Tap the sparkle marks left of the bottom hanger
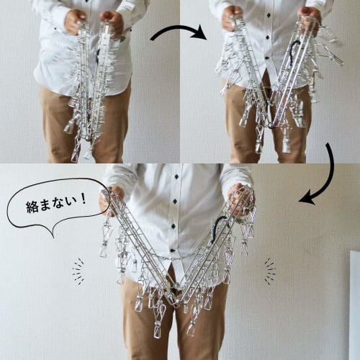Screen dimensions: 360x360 78,271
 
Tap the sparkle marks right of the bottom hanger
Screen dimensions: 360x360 269,271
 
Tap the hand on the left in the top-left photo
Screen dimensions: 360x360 75,22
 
